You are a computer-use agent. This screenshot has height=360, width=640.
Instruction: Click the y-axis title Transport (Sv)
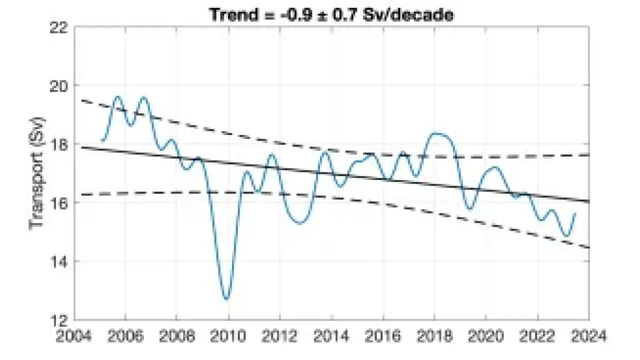38,173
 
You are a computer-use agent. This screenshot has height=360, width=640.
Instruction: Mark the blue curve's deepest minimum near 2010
227,299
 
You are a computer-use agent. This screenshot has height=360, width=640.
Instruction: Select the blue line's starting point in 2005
102,140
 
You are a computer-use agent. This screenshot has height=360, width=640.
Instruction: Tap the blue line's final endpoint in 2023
575,213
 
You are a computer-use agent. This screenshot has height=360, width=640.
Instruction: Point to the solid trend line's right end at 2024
589,201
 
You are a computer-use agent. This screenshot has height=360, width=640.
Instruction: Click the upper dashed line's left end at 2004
75,99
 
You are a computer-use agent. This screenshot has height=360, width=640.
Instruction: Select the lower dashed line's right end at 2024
589,247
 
